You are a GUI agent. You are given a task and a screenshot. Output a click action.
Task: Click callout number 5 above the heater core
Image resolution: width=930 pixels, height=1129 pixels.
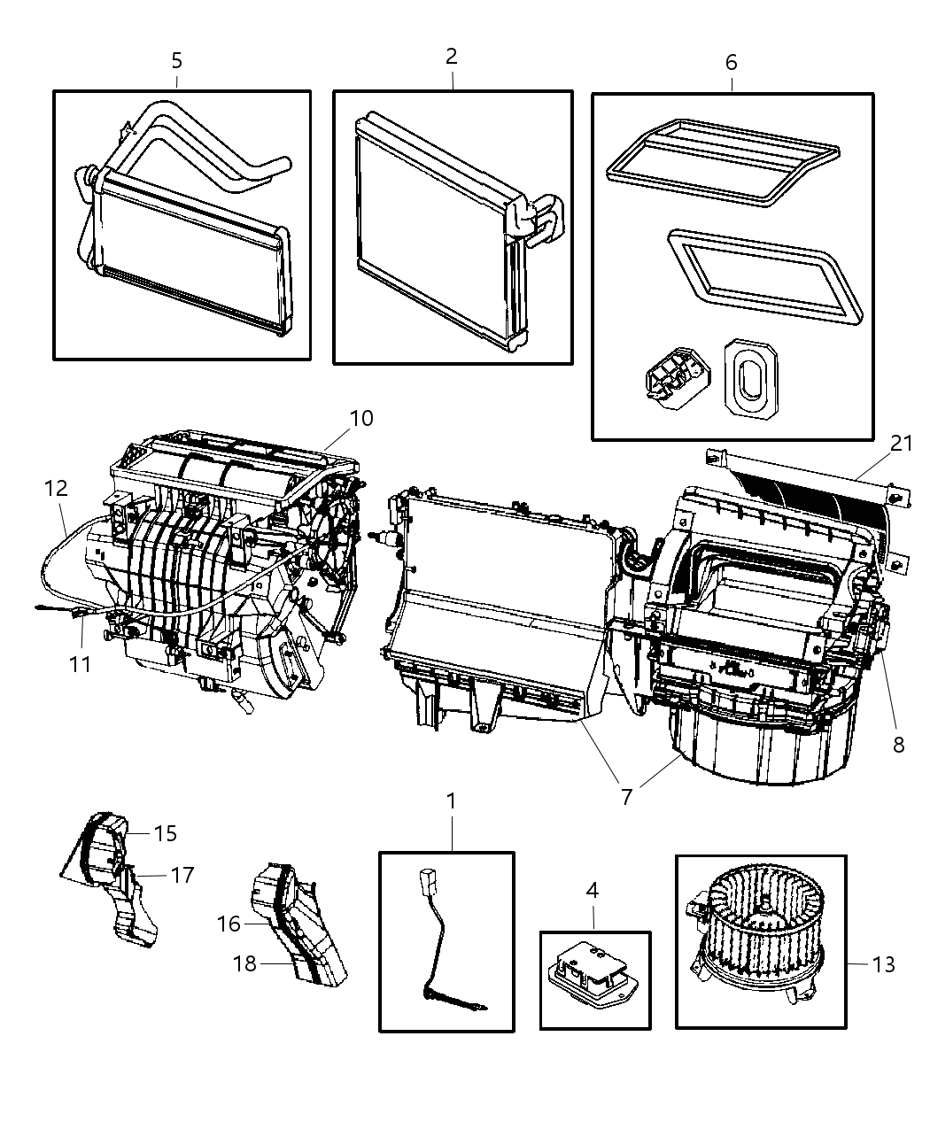(177, 60)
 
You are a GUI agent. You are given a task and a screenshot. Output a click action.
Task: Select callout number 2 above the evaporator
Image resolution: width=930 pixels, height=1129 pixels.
(452, 57)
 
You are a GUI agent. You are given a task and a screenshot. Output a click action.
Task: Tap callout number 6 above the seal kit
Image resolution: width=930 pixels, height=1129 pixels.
(731, 62)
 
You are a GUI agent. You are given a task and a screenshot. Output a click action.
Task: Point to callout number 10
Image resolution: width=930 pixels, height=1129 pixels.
(361, 418)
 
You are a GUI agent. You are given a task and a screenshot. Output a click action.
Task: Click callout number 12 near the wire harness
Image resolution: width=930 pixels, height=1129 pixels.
(56, 488)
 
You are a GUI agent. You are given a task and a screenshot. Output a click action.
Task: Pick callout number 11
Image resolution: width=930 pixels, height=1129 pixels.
(81, 663)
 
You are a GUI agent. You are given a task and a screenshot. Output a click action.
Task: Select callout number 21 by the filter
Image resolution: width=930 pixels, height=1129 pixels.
(902, 443)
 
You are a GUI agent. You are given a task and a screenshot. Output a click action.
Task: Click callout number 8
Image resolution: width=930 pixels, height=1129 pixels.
(898, 745)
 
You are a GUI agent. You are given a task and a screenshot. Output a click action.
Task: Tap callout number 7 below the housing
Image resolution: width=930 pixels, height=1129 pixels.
(627, 796)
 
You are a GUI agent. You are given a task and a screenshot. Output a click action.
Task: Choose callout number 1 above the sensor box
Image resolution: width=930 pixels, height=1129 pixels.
(451, 801)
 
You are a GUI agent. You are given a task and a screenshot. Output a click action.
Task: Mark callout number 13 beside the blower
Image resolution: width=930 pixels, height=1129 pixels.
(883, 963)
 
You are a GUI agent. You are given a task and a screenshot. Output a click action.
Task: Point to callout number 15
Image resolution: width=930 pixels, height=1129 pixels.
(165, 833)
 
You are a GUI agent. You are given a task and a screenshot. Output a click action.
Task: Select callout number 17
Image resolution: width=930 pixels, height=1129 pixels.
(182, 875)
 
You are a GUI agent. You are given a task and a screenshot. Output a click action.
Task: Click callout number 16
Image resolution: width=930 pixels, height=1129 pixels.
(229, 924)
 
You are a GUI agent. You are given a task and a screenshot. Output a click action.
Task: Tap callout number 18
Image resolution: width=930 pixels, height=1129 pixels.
(244, 963)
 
